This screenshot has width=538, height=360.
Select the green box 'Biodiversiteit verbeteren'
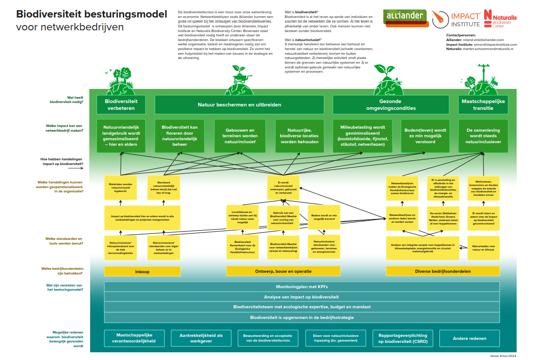pos(121,105)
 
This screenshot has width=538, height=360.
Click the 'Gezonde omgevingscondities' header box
pos(391,105)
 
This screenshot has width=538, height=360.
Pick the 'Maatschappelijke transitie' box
pos(483,105)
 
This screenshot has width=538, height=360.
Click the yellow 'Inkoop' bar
pos(142,271)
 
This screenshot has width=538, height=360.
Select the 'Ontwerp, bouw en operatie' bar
pos(283,271)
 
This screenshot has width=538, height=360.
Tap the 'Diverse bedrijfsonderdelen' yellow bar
pos(443,271)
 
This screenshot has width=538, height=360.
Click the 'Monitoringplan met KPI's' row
pos(302,286)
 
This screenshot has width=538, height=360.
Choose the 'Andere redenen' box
pos(469,338)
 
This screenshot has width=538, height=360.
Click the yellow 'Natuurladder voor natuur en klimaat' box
pos(483,248)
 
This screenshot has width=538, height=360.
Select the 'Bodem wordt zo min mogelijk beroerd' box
pos(323,217)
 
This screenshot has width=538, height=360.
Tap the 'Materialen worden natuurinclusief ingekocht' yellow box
pos(121,187)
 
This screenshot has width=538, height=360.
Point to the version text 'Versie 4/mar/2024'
pos(503,356)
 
